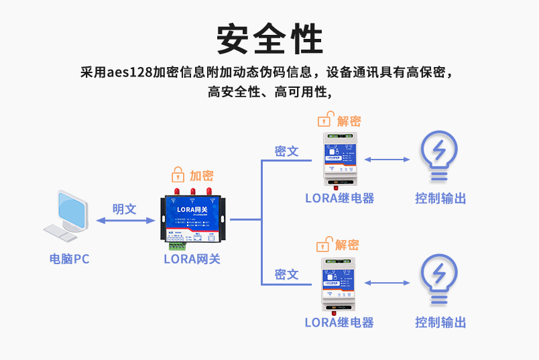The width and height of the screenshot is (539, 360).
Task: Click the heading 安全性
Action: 269,39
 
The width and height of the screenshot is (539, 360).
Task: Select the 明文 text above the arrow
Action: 124,209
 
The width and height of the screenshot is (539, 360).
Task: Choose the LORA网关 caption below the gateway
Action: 192,259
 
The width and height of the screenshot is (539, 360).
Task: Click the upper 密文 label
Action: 287,152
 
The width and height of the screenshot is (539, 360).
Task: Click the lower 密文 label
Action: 287,275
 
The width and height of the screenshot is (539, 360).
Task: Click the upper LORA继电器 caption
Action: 339,198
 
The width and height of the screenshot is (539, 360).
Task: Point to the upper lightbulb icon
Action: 438,156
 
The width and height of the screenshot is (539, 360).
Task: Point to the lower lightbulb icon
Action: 438,280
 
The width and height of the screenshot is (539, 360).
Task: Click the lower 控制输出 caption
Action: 440,322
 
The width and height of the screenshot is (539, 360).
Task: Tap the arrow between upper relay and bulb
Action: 387,160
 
